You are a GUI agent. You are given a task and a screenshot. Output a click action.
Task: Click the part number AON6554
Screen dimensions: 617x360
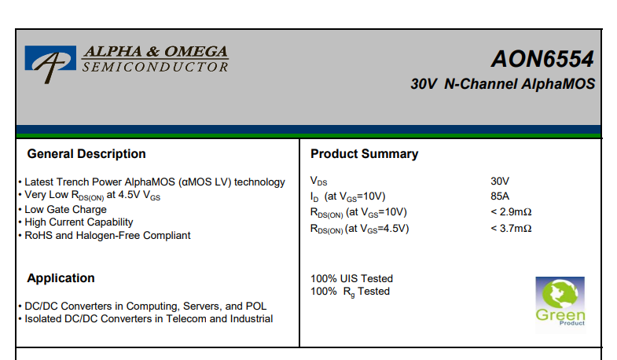542,59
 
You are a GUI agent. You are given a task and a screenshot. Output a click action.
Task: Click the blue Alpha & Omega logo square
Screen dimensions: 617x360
50,58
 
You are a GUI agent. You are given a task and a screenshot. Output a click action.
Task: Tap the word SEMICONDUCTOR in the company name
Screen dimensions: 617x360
155,67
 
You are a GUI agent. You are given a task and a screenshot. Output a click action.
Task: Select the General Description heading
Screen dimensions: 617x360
86,154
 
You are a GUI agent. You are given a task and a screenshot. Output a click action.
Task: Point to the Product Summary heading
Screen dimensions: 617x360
364,154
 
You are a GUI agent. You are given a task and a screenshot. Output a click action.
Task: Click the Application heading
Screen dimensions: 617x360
61,278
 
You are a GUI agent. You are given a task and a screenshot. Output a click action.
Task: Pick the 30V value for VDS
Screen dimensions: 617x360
500,181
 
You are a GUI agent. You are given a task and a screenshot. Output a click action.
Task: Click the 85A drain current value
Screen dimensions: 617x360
500,196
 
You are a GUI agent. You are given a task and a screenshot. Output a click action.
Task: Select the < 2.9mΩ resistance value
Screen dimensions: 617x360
511,212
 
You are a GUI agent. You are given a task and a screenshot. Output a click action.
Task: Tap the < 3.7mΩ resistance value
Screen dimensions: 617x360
511,229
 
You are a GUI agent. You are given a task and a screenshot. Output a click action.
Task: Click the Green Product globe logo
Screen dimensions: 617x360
560,302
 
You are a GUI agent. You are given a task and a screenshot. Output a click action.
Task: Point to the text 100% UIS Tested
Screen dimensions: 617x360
351,278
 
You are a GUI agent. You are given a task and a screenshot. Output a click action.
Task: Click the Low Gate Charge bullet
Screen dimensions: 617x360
65,210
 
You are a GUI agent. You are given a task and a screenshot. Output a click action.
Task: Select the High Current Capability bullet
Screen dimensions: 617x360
79,222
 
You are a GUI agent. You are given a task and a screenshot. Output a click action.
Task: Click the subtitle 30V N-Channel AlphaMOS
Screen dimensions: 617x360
502,84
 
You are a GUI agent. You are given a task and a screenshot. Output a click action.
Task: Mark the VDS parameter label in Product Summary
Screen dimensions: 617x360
319,182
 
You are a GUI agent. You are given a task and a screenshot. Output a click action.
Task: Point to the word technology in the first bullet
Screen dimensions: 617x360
259,182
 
